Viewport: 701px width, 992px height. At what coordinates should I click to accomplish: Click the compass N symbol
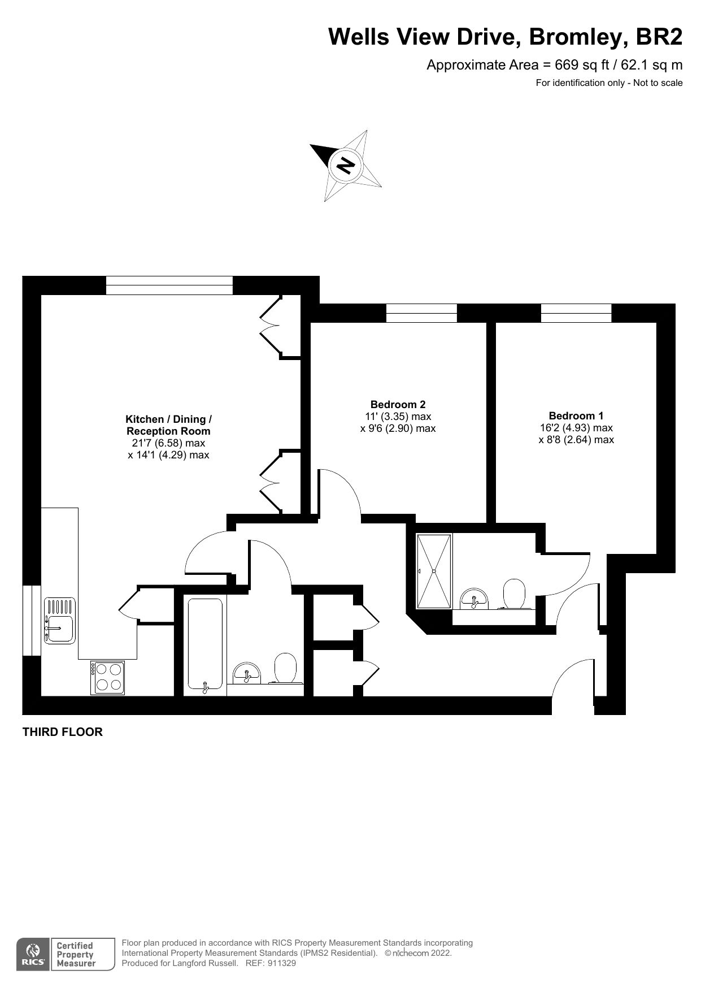click(345, 164)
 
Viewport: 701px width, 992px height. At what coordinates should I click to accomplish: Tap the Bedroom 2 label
click(398, 404)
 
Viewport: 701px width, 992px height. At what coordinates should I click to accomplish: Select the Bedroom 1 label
click(576, 415)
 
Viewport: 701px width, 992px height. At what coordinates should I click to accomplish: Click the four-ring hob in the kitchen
click(107, 677)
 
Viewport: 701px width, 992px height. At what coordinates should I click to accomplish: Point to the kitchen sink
click(59, 621)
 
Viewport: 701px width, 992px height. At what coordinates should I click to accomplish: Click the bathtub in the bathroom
click(204, 644)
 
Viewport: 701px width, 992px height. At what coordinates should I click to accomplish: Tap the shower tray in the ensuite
click(434, 571)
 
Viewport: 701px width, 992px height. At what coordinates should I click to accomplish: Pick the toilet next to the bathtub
click(286, 668)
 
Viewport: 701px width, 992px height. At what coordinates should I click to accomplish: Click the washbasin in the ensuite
click(474, 598)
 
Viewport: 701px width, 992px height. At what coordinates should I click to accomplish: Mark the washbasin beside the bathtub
click(247, 672)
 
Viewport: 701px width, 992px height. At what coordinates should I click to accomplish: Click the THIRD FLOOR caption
click(62, 732)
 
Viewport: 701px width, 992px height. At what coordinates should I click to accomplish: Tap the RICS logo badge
click(33, 955)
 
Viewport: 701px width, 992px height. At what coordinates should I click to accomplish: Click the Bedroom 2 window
click(421, 313)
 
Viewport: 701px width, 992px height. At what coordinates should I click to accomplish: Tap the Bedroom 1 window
click(576, 313)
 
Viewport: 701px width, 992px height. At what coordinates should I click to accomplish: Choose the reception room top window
click(169, 285)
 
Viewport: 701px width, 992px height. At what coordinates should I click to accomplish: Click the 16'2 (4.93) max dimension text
click(576, 428)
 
